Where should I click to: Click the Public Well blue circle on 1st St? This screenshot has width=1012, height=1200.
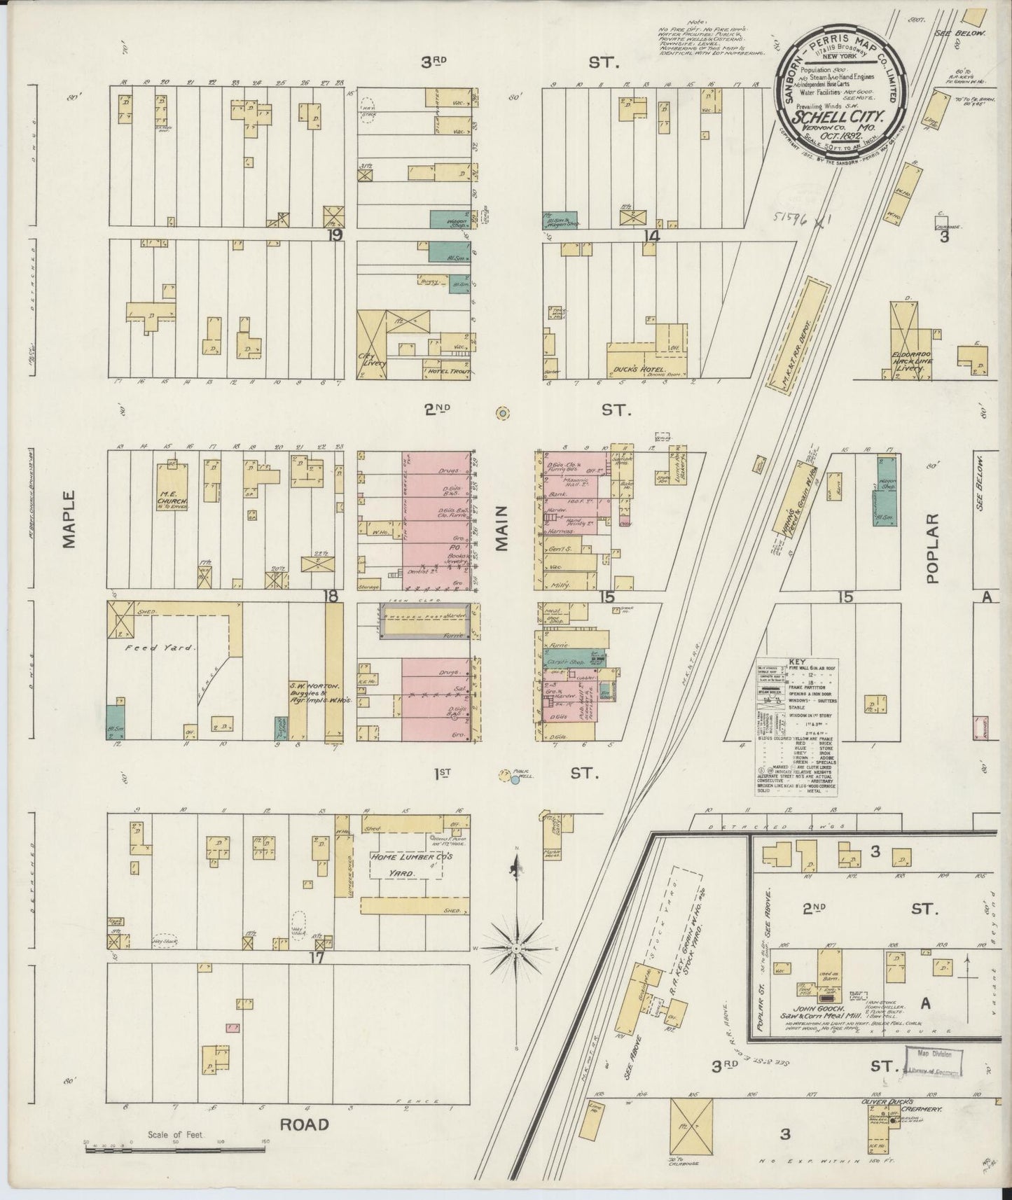tap(515, 780)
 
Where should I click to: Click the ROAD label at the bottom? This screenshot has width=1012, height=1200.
tap(304, 1124)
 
